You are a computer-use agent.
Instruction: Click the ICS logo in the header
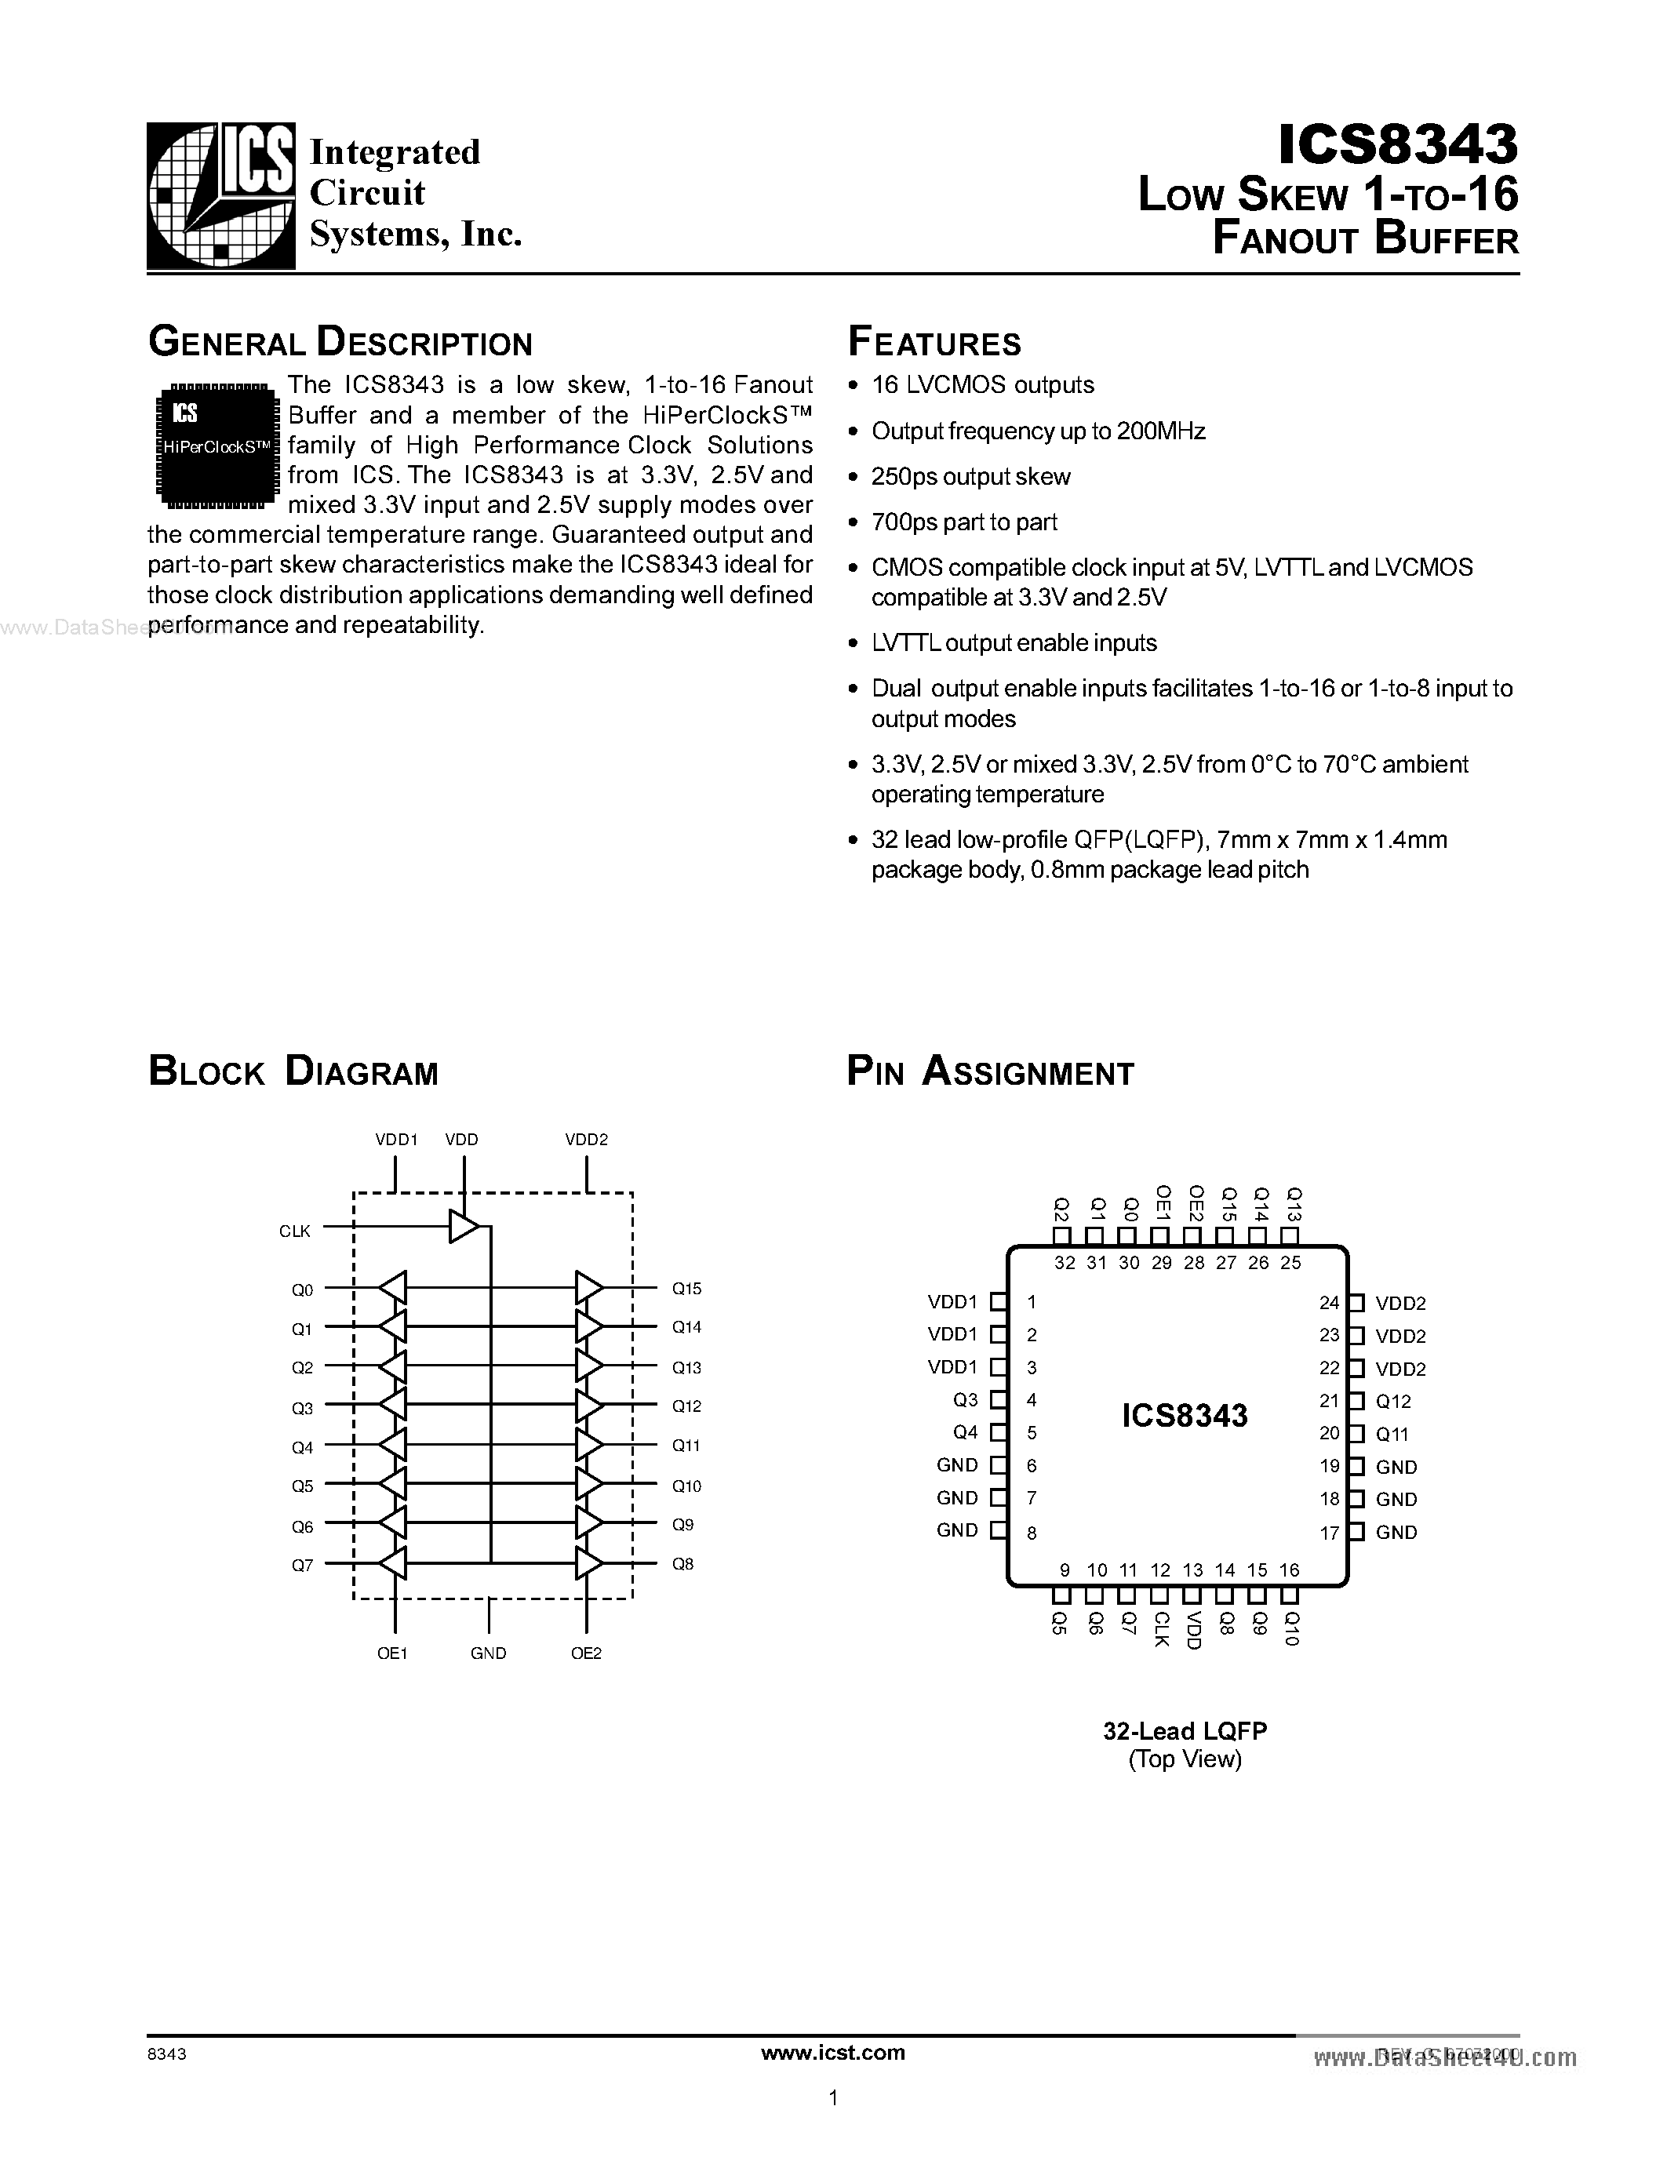point(221,195)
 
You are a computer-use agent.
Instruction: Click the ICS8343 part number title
point(1396,144)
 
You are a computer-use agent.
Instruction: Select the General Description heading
point(340,343)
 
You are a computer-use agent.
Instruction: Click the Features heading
point(934,343)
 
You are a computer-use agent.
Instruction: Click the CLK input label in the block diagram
point(294,1231)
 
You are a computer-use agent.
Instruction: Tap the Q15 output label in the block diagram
point(686,1289)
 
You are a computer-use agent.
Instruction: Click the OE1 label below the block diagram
point(392,1653)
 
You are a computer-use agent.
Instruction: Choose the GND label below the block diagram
point(488,1653)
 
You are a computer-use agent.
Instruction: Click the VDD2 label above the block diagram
point(587,1139)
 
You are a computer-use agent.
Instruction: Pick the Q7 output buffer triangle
point(394,1563)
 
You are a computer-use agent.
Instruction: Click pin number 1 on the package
point(1032,1302)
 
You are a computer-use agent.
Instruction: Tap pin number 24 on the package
point(1329,1303)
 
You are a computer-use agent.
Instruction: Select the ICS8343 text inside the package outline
point(1184,1415)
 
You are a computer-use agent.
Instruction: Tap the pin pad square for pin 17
point(1357,1532)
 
